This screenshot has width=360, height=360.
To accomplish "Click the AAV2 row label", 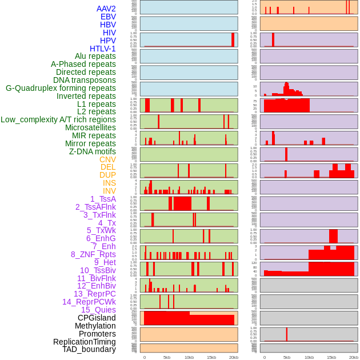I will pyautogui.click(x=106, y=9).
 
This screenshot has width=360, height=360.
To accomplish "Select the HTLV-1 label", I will pyautogui.click(x=102, y=49).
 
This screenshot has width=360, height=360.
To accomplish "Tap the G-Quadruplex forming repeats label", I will pyautogui.click(x=61, y=88).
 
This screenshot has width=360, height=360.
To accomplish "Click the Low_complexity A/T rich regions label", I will pyautogui.click(x=58, y=119).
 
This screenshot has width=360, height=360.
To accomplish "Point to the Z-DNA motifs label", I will pyautogui.click(x=92, y=151).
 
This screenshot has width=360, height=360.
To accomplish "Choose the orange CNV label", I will pyautogui.click(x=107, y=159).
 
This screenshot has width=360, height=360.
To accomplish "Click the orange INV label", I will pyautogui.click(x=109, y=191).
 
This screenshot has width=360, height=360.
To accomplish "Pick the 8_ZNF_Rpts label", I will pyautogui.click(x=93, y=254).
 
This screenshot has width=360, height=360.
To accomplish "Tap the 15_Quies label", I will pyautogui.click(x=98, y=310).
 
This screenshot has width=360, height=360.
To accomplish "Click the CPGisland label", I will pyautogui.click(x=97, y=318).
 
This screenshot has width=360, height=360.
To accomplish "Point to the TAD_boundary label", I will pyautogui.click(x=89, y=349).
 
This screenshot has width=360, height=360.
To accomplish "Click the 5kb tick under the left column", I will pyautogui.click(x=167, y=357).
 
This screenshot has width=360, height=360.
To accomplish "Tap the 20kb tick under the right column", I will pyautogui.click(x=354, y=357).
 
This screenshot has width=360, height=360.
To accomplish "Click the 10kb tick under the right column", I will pyautogui.click(x=309, y=357).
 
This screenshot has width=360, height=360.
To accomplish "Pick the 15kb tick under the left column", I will pyautogui.click(x=211, y=357).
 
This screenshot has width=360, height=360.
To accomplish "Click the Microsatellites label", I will pyautogui.click(x=90, y=127).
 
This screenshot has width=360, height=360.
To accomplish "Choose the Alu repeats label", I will pyautogui.click(x=95, y=56).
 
